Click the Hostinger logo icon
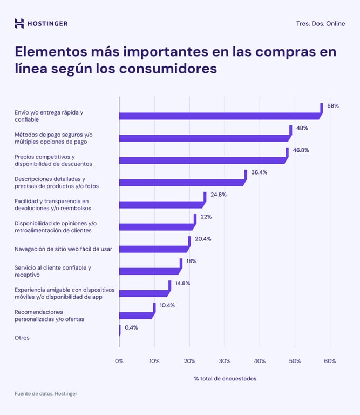[x=19, y=23]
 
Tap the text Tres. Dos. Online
[x=321, y=24]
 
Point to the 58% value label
[x=333, y=106]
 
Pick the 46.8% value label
[x=302, y=150]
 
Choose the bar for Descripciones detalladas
[x=181, y=183]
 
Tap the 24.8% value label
[x=219, y=195]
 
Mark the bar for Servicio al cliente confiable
[x=148, y=271]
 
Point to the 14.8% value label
[x=182, y=283]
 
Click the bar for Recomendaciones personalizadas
[x=135, y=316]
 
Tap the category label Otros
[x=22, y=338]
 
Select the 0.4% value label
[x=131, y=327]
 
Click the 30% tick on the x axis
[x=225, y=361]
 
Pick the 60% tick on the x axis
[x=330, y=361]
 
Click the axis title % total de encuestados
[x=225, y=379]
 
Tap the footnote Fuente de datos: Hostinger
[x=46, y=394]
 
